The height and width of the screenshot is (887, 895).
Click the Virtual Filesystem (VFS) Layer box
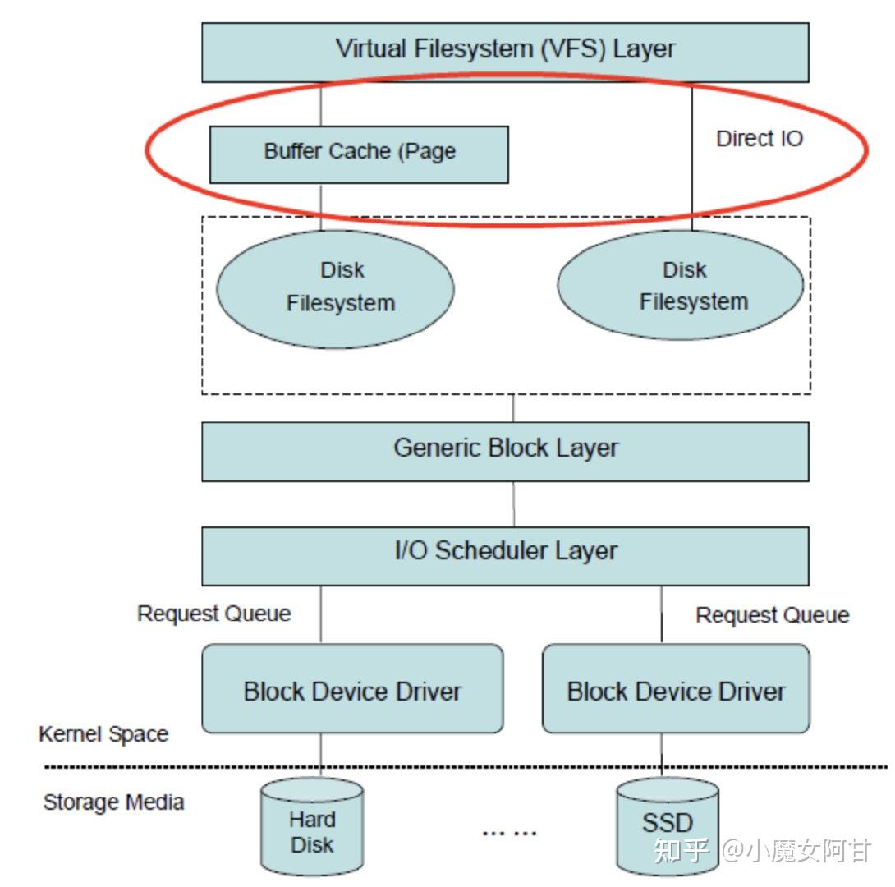pyautogui.click(x=505, y=51)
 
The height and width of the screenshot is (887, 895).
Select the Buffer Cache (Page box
pyautogui.click(x=359, y=154)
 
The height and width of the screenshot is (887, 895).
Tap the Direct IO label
pyautogui.click(x=759, y=139)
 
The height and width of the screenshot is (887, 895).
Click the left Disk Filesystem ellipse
pyautogui.click(x=336, y=287)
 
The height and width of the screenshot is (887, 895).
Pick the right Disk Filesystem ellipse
pyautogui.click(x=681, y=286)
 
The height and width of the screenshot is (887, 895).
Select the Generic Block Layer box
pyautogui.click(x=505, y=451)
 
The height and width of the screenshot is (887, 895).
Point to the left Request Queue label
pyautogui.click(x=213, y=614)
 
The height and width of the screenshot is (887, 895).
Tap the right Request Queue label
pyautogui.click(x=772, y=615)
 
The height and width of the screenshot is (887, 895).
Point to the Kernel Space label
pyautogui.click(x=103, y=733)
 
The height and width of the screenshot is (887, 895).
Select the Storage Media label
pyautogui.click(x=113, y=802)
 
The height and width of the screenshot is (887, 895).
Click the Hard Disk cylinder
pyautogui.click(x=312, y=830)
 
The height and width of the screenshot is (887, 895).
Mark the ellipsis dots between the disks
pyautogui.click(x=509, y=833)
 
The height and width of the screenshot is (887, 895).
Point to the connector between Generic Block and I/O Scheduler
pyautogui.click(x=514, y=503)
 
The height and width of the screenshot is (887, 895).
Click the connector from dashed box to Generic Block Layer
pyautogui.click(x=514, y=408)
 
